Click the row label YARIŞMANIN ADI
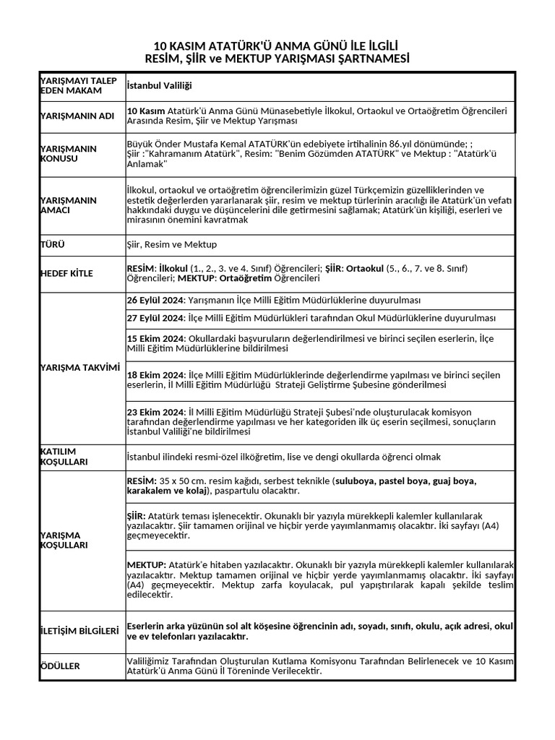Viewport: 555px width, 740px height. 77,116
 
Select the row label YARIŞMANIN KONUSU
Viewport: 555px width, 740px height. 69,153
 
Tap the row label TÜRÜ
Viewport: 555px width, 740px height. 52,245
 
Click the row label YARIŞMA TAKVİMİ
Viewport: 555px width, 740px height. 79,367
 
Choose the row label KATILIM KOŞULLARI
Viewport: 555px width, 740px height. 64,456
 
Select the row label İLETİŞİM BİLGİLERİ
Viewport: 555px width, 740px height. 79,631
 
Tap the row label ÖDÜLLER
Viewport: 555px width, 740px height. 60,666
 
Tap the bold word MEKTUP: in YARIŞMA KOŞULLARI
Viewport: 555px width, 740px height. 147,564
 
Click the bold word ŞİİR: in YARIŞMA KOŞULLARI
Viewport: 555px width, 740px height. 135,517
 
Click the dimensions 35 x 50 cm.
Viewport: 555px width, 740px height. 182,481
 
